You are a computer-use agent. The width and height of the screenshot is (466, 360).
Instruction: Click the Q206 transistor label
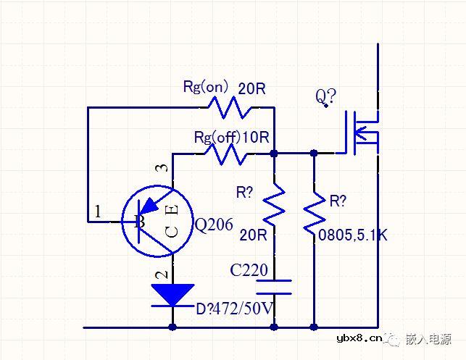pos(215,225)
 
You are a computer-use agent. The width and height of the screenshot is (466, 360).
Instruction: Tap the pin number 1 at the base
pos(98,212)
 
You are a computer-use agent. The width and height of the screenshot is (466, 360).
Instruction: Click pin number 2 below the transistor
pos(163,274)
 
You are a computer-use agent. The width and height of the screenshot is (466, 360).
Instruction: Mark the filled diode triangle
pos(172,294)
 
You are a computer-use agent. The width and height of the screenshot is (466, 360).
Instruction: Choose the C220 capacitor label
pos(249,270)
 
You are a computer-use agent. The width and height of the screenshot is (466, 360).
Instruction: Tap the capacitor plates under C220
pos(274,286)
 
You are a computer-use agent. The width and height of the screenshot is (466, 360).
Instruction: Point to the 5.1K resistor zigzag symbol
pos(314,209)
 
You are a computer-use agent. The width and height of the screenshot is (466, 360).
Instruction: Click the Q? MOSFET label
pos(324,96)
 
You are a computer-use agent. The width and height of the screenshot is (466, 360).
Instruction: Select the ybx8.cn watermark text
pos(359,338)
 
